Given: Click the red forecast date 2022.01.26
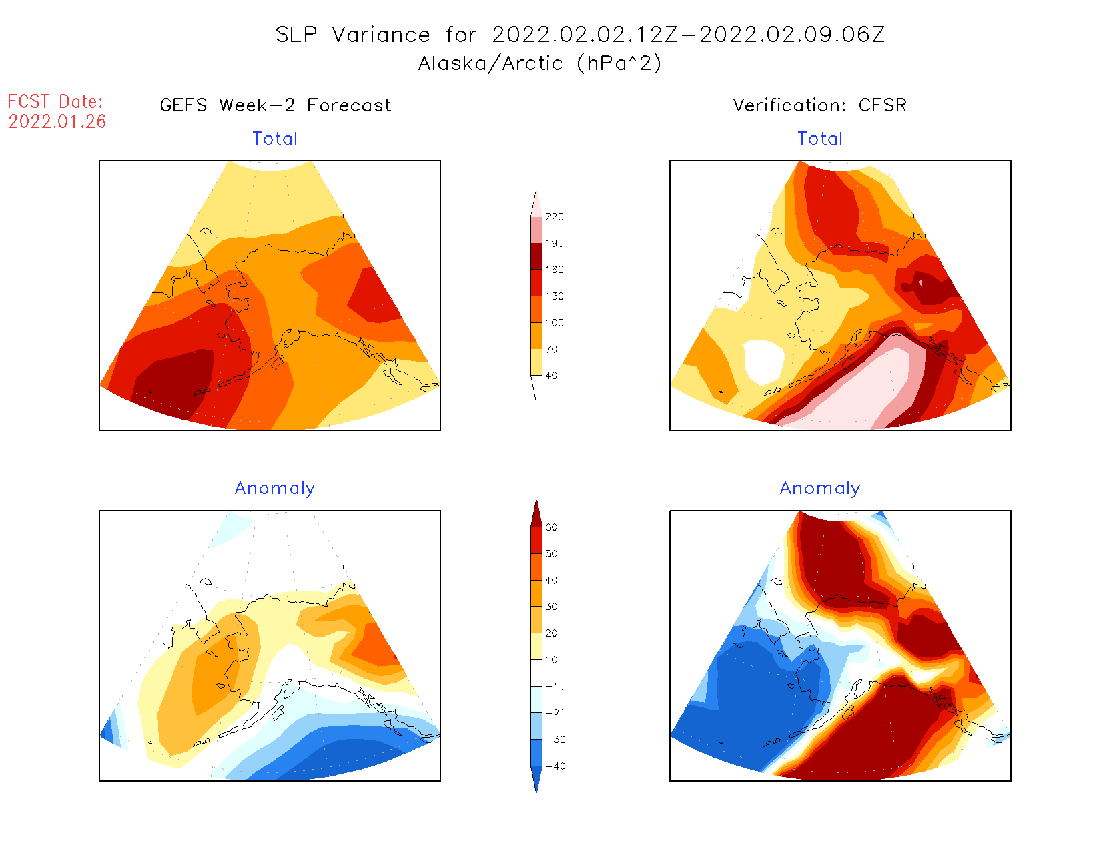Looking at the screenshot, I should pyautogui.click(x=57, y=121).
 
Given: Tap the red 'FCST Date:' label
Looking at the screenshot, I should pyautogui.click(x=55, y=101).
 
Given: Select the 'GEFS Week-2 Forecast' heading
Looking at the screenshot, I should pyautogui.click(x=276, y=105).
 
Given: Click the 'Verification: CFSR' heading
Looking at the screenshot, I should pyautogui.click(x=819, y=105).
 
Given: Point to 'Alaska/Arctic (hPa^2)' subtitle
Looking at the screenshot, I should pyautogui.click(x=540, y=63).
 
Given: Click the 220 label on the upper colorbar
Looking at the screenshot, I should pyautogui.click(x=554, y=217).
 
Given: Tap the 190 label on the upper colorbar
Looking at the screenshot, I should pyautogui.click(x=554, y=244).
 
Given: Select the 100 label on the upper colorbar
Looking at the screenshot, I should pyautogui.click(x=554, y=323).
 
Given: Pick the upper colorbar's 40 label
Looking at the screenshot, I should pyautogui.click(x=551, y=376).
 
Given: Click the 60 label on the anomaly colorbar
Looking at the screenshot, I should pyautogui.click(x=551, y=527).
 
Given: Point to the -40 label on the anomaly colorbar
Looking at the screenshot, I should pyautogui.click(x=555, y=766).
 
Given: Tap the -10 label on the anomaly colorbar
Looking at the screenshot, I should pyautogui.click(x=555, y=686).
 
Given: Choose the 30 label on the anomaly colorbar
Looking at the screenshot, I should pyautogui.click(x=551, y=607).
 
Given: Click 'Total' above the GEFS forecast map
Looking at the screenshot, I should pyautogui.click(x=275, y=139).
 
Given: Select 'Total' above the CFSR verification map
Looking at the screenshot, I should pyautogui.click(x=820, y=139).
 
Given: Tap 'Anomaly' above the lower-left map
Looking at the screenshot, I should pyautogui.click(x=275, y=489).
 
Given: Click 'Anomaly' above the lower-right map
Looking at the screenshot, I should pyautogui.click(x=820, y=489).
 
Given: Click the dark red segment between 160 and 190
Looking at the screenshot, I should pyautogui.click(x=536, y=256).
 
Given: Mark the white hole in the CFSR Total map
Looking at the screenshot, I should pyautogui.click(x=763, y=360).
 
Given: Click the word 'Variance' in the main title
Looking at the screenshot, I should pyautogui.click(x=381, y=35).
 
